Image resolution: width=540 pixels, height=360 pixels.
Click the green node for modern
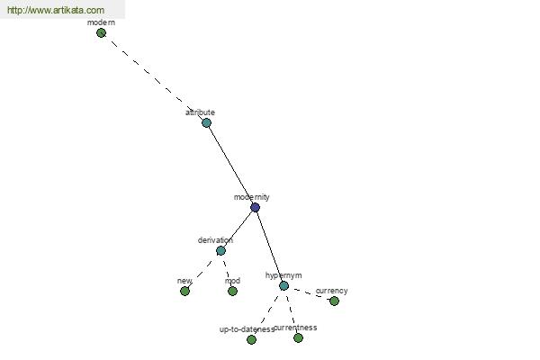(101, 33)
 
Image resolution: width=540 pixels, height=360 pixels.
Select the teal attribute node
(206, 123)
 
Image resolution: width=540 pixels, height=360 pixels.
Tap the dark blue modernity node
(255, 207)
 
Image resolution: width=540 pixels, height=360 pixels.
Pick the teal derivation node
(220, 250)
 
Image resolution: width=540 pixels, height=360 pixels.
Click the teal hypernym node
(283, 285)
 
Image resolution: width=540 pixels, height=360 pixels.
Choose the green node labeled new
(184, 291)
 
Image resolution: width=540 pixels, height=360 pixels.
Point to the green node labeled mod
(232, 291)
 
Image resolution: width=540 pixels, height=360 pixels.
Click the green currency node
(334, 301)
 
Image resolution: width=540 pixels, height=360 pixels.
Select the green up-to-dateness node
(251, 339)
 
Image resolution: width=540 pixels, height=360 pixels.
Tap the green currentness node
(298, 338)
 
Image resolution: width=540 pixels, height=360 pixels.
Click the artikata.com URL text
(56, 10)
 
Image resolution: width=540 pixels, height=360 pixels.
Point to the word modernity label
(252, 197)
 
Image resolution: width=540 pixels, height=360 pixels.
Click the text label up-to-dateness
(247, 329)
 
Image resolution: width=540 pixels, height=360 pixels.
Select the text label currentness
(295, 328)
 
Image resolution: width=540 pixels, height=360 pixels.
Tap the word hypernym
(283, 275)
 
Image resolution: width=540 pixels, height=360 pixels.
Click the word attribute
(200, 112)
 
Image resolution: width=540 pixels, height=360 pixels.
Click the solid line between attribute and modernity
(230, 166)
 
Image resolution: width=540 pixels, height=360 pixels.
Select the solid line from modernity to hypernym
(269, 247)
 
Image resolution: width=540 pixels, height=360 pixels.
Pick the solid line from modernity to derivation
(238, 229)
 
